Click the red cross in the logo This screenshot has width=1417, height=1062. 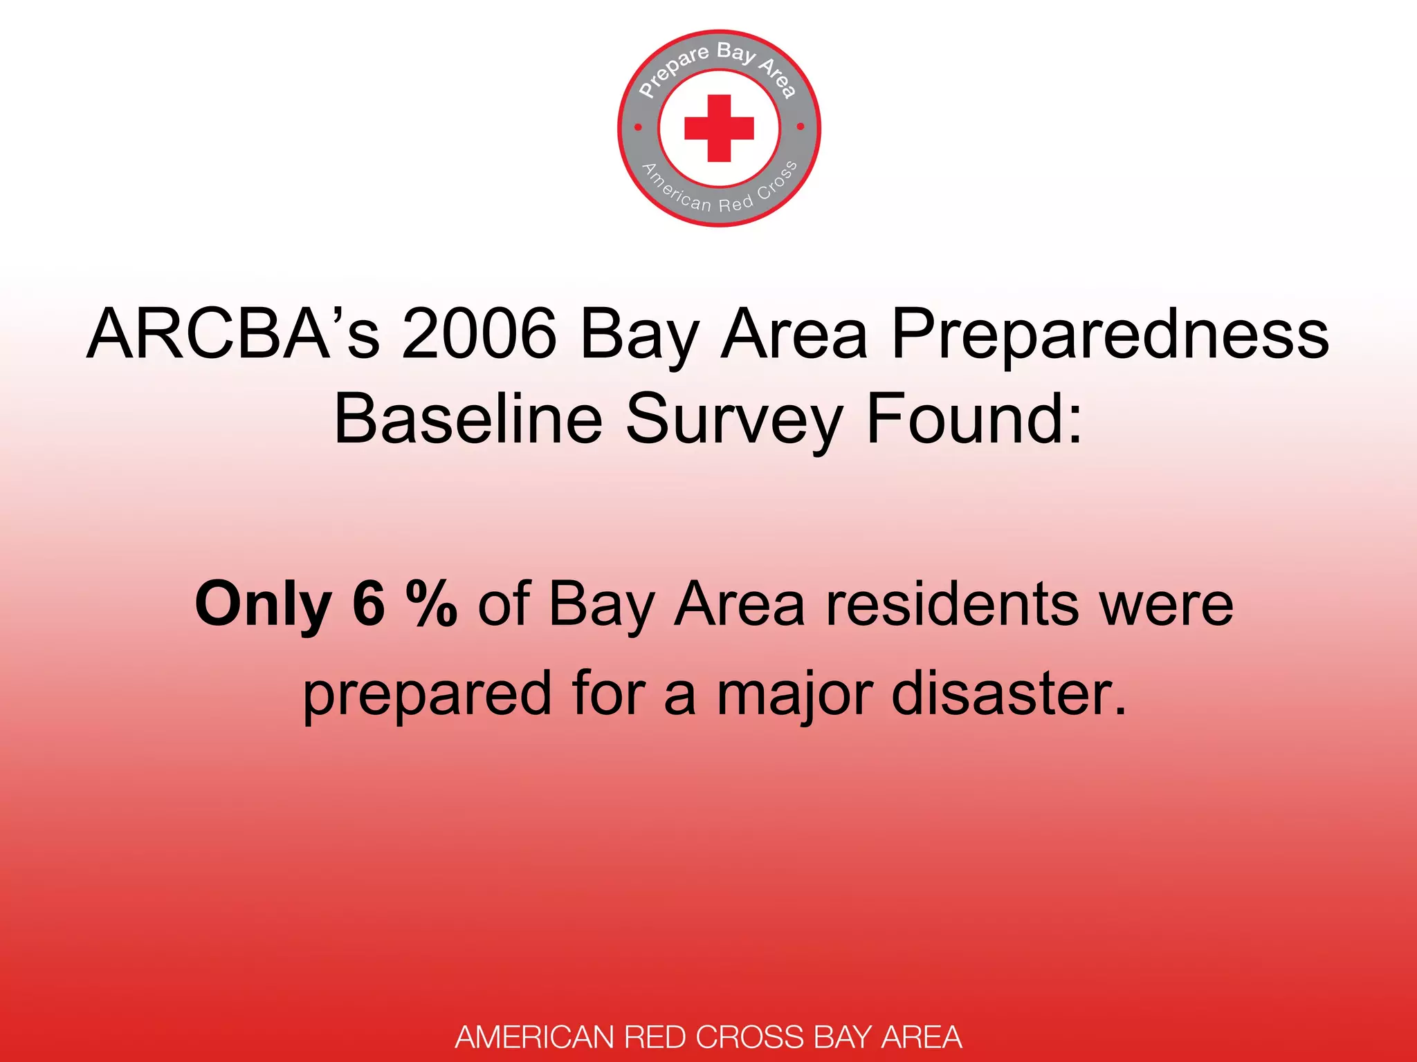[x=719, y=128]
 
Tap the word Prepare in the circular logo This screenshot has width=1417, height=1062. [x=673, y=71]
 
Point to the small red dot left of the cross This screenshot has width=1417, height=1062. [x=638, y=127]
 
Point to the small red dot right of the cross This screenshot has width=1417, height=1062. [x=801, y=127]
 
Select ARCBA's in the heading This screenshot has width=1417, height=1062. [x=233, y=334]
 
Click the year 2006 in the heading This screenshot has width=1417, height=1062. [x=479, y=334]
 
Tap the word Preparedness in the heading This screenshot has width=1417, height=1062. [x=1110, y=335]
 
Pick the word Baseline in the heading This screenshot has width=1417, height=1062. [x=468, y=419]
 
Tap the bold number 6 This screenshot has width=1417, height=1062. [x=368, y=604]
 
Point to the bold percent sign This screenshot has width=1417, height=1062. [x=431, y=604]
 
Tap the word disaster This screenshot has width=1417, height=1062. [x=1009, y=693]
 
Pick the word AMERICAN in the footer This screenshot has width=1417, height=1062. [x=536, y=1037]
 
